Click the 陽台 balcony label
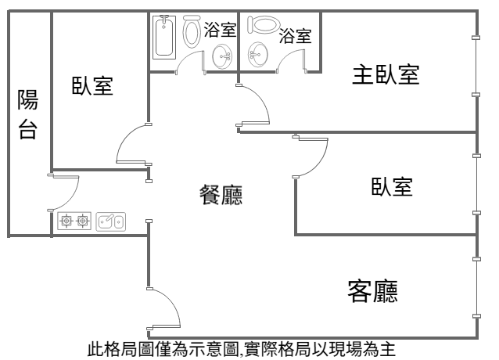click(x=27, y=113)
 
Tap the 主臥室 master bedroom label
click(x=386, y=75)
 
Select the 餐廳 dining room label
click(x=221, y=194)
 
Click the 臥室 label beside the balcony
click(x=92, y=86)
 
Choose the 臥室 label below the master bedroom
click(x=392, y=187)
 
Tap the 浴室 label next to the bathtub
click(x=220, y=31)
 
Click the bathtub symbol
click(x=163, y=36)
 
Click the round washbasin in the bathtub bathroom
click(x=222, y=55)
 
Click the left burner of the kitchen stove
click(x=66, y=222)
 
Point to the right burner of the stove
click(x=83, y=222)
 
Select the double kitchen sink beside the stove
click(x=110, y=222)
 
